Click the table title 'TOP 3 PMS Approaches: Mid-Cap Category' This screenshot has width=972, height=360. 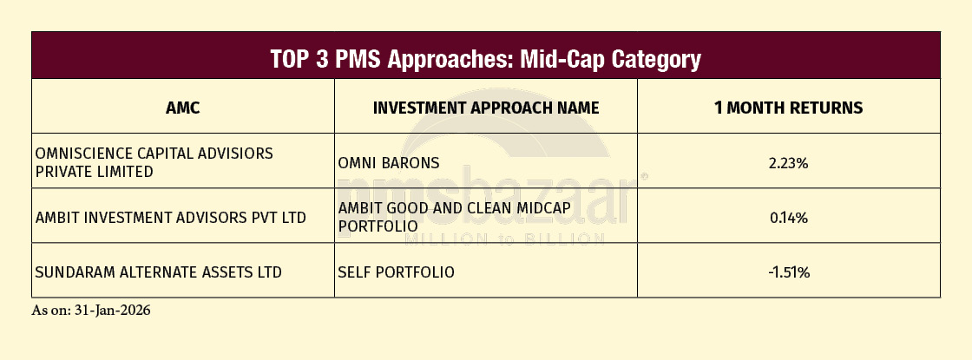485,60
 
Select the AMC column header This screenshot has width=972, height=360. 183,108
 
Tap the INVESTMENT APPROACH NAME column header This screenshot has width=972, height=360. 486,108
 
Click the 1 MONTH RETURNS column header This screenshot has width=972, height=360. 789,108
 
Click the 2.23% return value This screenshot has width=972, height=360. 789,163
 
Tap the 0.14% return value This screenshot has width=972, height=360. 789,218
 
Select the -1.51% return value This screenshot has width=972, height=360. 789,272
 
